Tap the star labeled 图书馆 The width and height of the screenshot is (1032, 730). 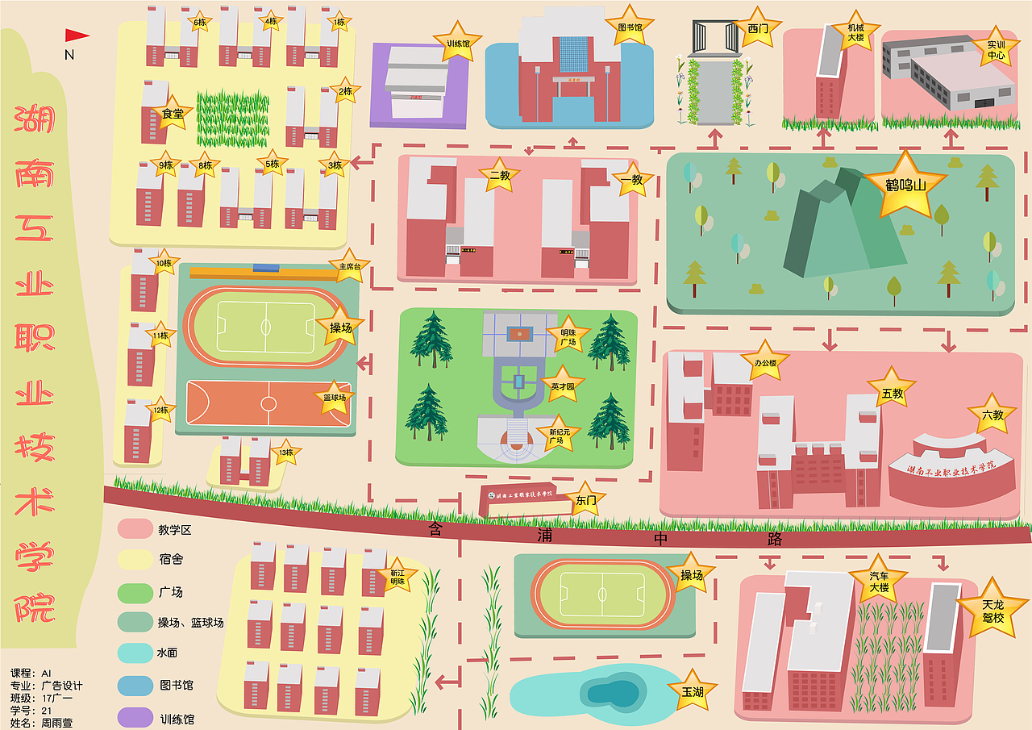630,27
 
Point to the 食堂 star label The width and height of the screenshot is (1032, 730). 173,115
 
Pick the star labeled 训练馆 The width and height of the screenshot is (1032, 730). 457,44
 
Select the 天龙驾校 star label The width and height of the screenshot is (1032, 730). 992,611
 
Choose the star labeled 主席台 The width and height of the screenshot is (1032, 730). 348,265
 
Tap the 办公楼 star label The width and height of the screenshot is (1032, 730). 764,363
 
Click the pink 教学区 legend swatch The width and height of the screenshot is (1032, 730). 135,529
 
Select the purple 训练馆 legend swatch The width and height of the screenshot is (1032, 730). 135,718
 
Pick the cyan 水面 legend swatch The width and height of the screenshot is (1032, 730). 135,653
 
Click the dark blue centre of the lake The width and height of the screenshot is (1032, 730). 610,692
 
